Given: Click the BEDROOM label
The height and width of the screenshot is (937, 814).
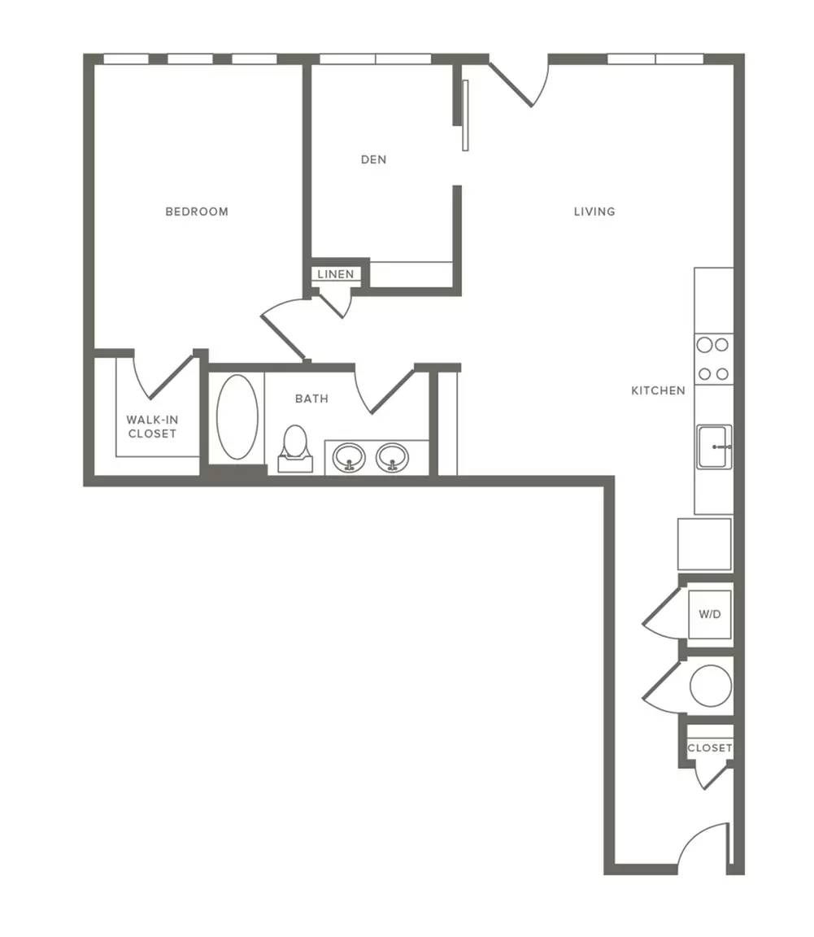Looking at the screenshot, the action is [x=197, y=211].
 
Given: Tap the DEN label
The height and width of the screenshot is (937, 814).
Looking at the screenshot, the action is [x=373, y=159].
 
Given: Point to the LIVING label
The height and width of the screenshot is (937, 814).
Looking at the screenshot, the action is [x=594, y=211].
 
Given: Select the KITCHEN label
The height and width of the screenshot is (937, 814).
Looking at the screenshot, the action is [x=658, y=390].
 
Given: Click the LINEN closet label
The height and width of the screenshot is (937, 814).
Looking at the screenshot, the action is [x=336, y=274].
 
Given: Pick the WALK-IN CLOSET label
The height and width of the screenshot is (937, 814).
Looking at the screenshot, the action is [x=152, y=427].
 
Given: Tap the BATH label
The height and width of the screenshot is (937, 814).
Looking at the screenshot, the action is [x=311, y=399].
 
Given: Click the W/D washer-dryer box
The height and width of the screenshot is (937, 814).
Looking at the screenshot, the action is [x=709, y=614].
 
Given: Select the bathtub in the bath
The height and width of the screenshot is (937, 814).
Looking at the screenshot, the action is [x=237, y=417].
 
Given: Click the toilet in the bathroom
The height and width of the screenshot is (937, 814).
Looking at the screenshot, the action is [x=294, y=449].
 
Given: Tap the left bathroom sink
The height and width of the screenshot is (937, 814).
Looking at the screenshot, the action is [x=349, y=459].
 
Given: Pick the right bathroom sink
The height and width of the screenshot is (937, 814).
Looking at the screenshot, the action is [x=392, y=459].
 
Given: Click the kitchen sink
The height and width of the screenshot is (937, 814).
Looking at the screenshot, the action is [x=714, y=447].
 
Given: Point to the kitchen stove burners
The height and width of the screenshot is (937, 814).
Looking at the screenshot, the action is [x=714, y=360].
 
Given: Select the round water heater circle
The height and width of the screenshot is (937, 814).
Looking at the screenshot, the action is [x=711, y=686].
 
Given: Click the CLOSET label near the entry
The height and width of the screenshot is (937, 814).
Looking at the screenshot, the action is [x=709, y=748].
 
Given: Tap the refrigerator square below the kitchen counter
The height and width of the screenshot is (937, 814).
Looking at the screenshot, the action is [x=705, y=544].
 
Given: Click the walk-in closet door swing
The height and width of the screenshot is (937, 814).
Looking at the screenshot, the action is [x=163, y=377].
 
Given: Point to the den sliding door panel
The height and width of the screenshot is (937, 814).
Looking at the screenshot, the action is [x=466, y=115].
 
